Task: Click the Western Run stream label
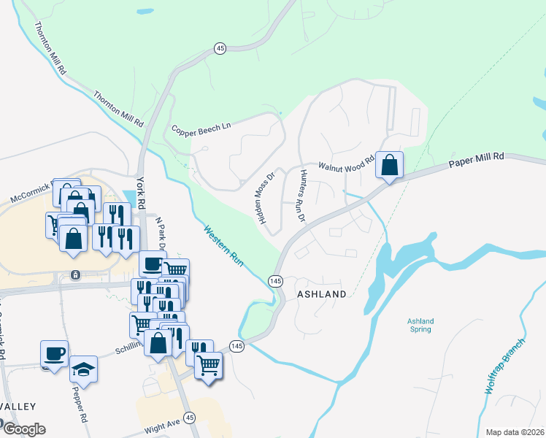click(223, 245)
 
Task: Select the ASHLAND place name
click(321, 293)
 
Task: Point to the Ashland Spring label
click(420, 325)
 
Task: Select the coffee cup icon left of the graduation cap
click(55, 353)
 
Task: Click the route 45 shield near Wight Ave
click(190, 418)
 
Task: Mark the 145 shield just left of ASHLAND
click(275, 281)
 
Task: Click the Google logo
click(23, 429)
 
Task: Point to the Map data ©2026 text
click(515, 431)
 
